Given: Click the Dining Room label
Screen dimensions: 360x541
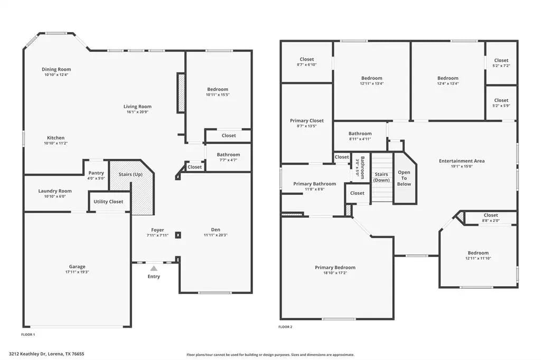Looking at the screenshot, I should tap(57, 69).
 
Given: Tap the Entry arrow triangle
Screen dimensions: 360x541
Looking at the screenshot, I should tap(154, 269).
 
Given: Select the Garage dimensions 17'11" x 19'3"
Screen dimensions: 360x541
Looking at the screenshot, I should tap(77, 272).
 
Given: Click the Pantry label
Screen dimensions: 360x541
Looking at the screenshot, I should tap(96, 173).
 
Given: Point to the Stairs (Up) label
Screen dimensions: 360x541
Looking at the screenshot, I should tap(129, 174).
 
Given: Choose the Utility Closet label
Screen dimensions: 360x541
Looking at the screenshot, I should tap(108, 201).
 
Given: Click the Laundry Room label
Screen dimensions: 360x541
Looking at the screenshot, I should tap(55, 191).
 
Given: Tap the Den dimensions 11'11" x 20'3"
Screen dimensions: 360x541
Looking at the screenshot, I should tap(216, 235).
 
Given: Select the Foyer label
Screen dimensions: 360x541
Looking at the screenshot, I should tap(157, 230).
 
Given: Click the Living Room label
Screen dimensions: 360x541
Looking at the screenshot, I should tap(137, 106).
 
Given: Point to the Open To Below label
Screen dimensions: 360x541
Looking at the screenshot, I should tap(404, 178).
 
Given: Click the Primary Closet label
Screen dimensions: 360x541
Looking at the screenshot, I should tap(307, 120).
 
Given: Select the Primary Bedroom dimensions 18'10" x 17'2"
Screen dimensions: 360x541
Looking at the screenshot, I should tap(335, 273).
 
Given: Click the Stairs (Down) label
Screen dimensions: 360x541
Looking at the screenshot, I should tap(381, 177).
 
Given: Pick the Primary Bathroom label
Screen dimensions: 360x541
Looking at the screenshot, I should tap(314, 184).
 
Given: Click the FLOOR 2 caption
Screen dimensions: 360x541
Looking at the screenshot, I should tap(285, 327).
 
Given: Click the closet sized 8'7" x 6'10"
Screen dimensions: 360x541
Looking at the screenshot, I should tap(307, 62).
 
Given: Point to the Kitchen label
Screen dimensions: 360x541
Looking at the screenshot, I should tap(56, 138).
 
